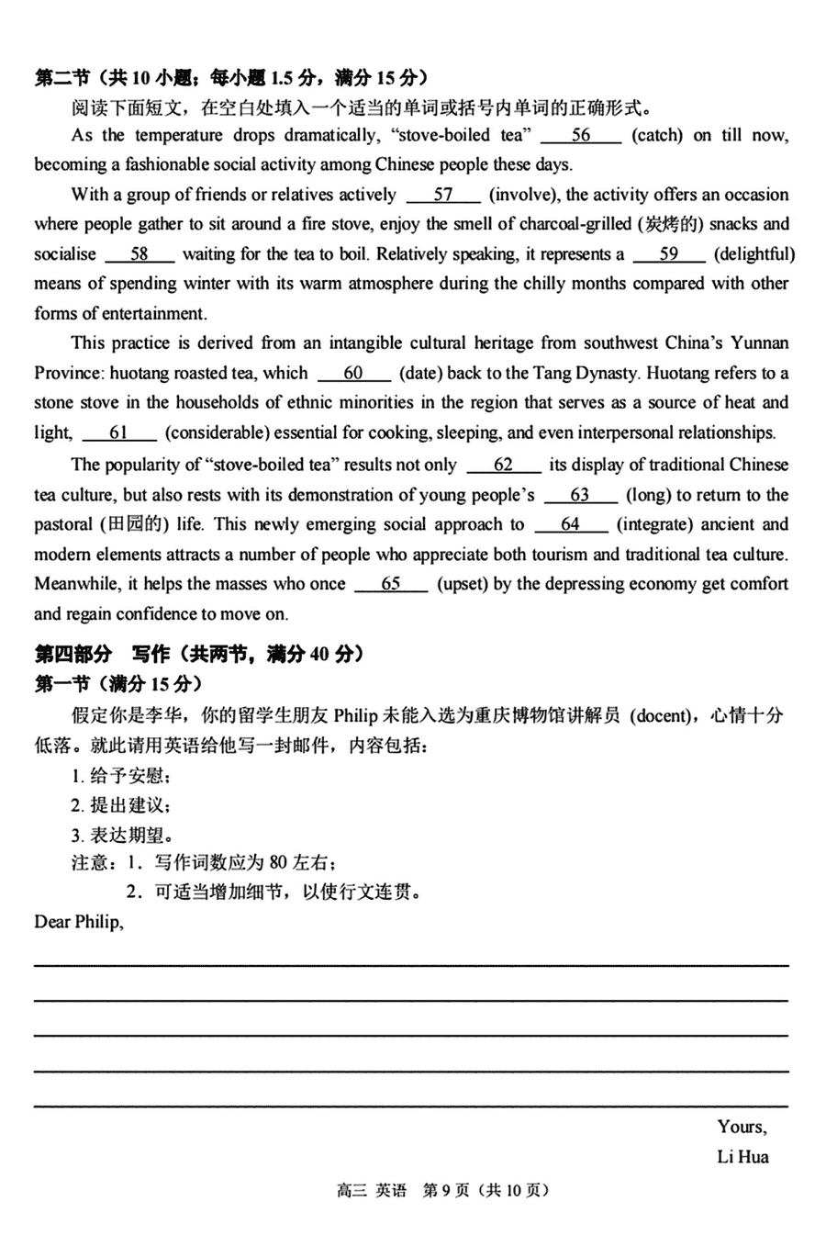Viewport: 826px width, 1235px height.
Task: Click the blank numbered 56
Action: click(581, 136)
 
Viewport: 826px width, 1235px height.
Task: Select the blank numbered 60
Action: click(354, 373)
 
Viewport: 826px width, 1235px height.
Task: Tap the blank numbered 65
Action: click(391, 584)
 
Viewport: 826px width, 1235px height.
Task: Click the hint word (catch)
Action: click(658, 136)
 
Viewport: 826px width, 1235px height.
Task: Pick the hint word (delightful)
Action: click(754, 254)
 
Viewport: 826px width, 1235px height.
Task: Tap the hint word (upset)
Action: click(463, 584)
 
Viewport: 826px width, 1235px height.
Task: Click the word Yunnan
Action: click(759, 343)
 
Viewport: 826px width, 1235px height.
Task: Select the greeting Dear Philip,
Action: click(79, 921)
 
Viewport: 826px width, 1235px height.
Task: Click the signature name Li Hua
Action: click(742, 1156)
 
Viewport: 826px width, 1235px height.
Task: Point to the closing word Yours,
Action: click(742, 1127)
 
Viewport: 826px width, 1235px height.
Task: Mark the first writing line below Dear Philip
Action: click(411, 963)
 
